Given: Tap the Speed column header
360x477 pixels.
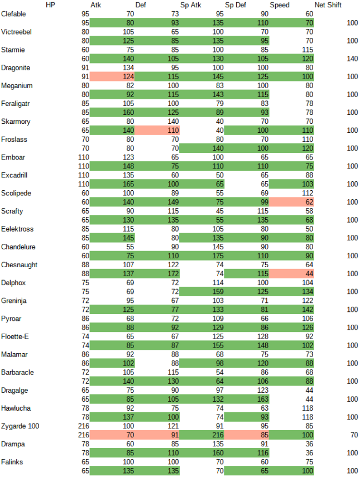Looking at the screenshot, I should pyautogui.click(x=280, y=5).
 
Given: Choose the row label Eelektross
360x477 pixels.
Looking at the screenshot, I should pyautogui.click(x=18, y=229).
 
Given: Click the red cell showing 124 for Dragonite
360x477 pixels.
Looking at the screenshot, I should pyautogui.click(x=112, y=76).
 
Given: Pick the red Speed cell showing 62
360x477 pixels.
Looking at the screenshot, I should pyautogui.click(x=291, y=202).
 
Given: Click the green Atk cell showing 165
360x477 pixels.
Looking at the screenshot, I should pyautogui.click(x=112, y=184).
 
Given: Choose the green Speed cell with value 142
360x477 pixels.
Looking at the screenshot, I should pyautogui.click(x=291, y=310).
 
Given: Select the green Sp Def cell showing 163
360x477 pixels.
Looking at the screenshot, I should pyautogui.click(x=247, y=399).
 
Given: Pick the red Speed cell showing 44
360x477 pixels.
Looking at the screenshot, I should pyautogui.click(x=291, y=274).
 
